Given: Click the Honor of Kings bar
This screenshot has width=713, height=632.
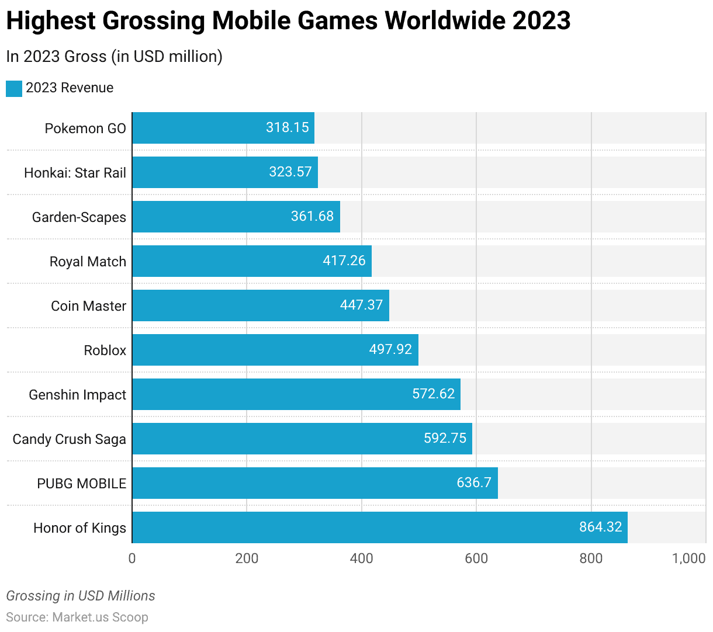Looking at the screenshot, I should [380, 527].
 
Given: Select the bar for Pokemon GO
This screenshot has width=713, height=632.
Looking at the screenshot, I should [223, 128].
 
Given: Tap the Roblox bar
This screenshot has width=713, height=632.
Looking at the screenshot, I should [275, 350].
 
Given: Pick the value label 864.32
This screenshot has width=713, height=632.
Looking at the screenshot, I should [601, 527].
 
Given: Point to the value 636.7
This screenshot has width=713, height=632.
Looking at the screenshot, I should [474, 482].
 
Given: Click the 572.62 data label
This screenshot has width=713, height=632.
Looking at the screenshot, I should [434, 394].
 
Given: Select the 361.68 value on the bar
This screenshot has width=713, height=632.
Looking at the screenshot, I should [313, 216].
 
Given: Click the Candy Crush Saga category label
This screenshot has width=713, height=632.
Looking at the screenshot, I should [70, 439].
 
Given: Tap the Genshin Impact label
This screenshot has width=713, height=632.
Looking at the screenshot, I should [78, 395].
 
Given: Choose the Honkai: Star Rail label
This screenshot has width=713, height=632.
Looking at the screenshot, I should [75, 173].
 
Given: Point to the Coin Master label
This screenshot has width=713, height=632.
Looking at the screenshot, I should [89, 306].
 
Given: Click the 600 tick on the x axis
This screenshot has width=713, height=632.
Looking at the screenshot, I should [476, 558].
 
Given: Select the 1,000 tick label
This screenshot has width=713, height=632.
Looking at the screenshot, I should [689, 558].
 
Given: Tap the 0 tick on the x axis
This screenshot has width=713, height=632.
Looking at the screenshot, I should [132, 558].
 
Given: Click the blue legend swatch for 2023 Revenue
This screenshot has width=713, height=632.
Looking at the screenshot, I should [14, 88].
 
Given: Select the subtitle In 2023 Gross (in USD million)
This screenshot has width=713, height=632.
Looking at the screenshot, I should [115, 56].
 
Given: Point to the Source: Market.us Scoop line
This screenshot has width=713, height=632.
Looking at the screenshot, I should [77, 617].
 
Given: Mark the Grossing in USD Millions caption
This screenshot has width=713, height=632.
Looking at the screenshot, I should [81, 596].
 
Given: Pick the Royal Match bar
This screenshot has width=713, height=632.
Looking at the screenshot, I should [252, 261].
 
